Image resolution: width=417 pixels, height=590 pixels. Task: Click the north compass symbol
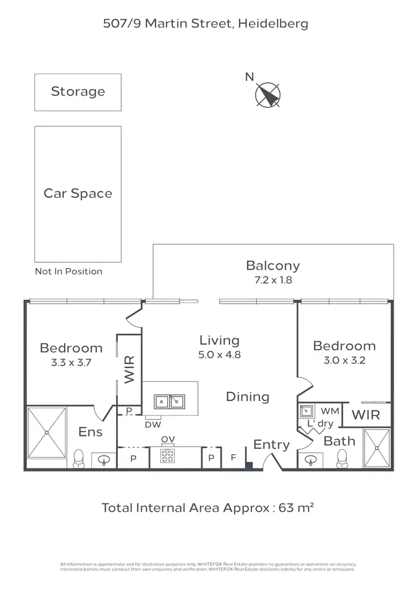[x=268, y=95]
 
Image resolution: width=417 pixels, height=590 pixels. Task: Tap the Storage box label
[x=78, y=91]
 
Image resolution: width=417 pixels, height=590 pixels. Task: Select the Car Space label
[x=78, y=194]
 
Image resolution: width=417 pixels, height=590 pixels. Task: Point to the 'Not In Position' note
[x=68, y=271]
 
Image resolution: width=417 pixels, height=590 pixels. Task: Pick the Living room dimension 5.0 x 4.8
[x=220, y=355]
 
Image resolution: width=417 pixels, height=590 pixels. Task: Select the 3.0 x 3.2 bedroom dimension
[x=344, y=360]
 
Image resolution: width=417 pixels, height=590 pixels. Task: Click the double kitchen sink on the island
[x=170, y=401]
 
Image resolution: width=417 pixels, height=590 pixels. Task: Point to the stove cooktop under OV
[x=168, y=457]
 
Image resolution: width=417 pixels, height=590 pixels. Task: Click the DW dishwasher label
[x=153, y=424]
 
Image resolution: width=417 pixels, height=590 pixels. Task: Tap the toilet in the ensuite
[x=78, y=458]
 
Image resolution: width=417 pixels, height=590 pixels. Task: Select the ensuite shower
[x=47, y=432]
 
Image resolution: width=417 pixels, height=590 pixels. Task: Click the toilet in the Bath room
[x=342, y=458]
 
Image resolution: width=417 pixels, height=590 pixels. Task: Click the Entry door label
[x=271, y=445]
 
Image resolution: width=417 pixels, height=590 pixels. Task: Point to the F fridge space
[x=234, y=458]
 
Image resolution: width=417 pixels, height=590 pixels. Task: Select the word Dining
[x=247, y=396]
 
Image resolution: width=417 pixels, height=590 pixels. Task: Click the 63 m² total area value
[x=300, y=508]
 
